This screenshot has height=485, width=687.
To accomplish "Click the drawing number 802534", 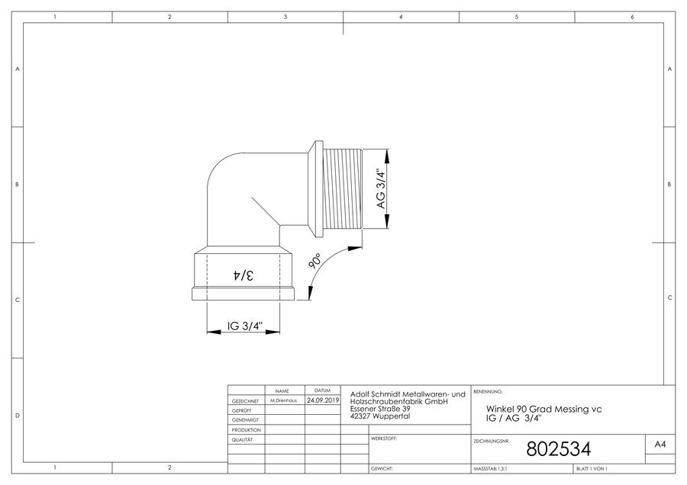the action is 558,449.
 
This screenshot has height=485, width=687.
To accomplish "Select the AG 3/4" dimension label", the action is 381,188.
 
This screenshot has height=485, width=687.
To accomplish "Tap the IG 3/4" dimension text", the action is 245,326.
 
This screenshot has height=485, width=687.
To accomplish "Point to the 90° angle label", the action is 315,260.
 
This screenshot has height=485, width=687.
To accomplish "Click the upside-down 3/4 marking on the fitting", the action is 243,275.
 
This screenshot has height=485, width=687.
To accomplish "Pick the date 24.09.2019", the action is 323,400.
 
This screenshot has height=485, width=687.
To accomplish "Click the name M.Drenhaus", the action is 283,400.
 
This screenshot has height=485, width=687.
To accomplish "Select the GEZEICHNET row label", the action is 245,401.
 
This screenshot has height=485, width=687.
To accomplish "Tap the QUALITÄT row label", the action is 242,439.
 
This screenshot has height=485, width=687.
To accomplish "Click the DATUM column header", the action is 322,390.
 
